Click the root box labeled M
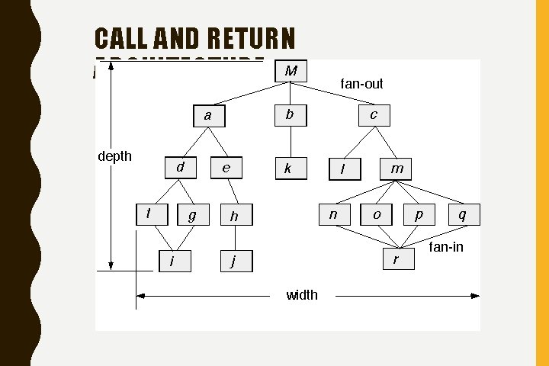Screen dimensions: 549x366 pyautogui.click(x=291, y=71)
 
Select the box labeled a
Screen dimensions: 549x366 pyautogui.click(x=208, y=115)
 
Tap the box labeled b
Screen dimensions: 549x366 pyautogui.click(x=290, y=114)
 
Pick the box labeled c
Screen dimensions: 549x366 pyautogui.click(x=374, y=114)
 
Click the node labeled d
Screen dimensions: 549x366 pyautogui.click(x=181, y=167)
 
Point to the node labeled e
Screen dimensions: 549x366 pyautogui.click(x=226, y=168)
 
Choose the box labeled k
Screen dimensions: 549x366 pyautogui.click(x=289, y=169)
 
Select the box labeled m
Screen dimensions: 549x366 pyautogui.click(x=396, y=169)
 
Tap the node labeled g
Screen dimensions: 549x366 pyautogui.click(x=192, y=216)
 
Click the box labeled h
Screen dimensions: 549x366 pyautogui.click(x=235, y=217)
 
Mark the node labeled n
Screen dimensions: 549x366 pyautogui.click(x=333, y=215)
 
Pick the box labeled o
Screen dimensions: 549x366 pyautogui.click(x=377, y=215)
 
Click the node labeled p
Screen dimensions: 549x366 pyautogui.click(x=419, y=215)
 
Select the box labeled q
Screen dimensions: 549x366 pyautogui.click(x=464, y=215)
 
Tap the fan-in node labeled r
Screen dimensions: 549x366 pyautogui.click(x=396, y=259)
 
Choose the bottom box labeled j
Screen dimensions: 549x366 pyautogui.click(x=235, y=261)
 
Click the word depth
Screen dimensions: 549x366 pyautogui.click(x=115, y=156)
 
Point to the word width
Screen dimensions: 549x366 pyautogui.click(x=302, y=295)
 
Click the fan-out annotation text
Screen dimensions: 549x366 pyautogui.click(x=361, y=83)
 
